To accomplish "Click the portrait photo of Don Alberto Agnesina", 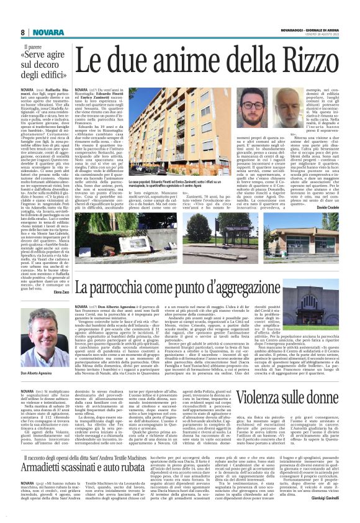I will [37, 341].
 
